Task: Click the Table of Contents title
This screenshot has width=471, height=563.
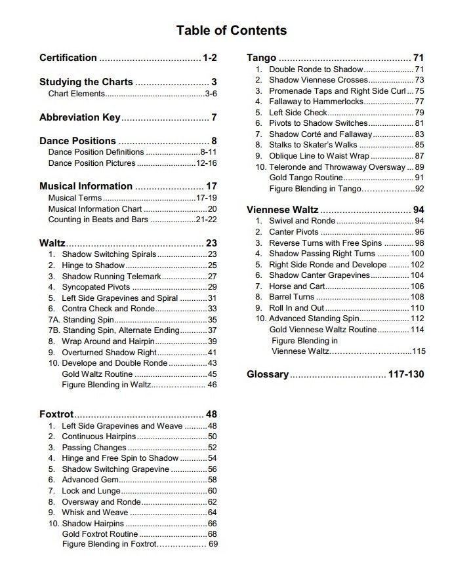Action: [231, 30]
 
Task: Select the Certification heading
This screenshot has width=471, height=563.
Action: [68, 58]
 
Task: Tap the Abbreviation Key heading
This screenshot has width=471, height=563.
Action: [80, 118]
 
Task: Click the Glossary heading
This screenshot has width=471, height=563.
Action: [268, 374]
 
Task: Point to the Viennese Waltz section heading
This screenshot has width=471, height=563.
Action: [283, 210]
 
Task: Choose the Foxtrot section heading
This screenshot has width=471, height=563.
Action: [56, 414]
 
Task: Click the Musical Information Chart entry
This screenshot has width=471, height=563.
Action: [95, 209]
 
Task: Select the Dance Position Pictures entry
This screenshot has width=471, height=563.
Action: [92, 163]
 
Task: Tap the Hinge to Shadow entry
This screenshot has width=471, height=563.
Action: [93, 265]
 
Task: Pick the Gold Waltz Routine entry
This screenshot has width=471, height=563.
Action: [97, 374]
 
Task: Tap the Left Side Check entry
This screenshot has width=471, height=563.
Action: [298, 112]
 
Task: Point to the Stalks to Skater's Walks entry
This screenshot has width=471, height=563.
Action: [314, 145]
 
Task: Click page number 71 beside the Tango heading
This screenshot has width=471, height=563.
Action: [419, 58]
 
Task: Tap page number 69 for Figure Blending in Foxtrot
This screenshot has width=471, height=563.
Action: [213, 543]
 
